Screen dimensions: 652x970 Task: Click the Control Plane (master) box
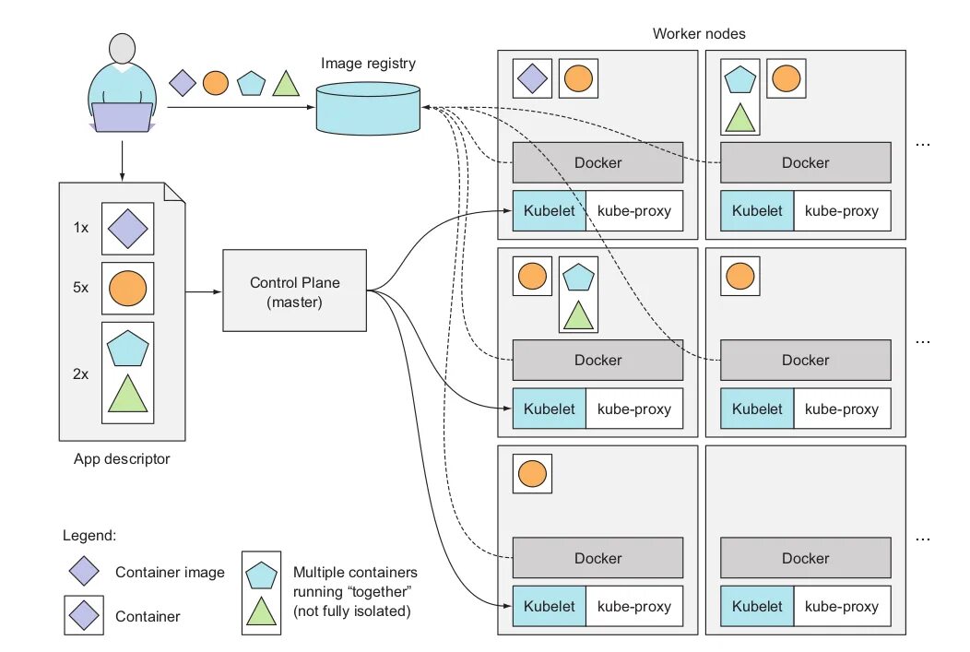[x=294, y=290]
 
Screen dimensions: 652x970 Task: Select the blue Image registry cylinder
[x=369, y=108]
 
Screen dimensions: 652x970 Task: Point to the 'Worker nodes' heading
[x=698, y=33]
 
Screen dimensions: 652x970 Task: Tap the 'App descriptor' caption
[x=122, y=458]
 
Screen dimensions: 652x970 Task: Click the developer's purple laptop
[x=122, y=117]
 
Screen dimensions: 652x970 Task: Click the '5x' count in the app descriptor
[x=80, y=287]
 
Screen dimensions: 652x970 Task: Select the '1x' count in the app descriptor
[x=80, y=227]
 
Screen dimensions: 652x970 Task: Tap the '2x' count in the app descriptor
[x=80, y=374]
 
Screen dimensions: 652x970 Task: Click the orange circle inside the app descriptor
[x=128, y=288]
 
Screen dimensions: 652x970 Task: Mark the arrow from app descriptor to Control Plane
[x=203, y=292]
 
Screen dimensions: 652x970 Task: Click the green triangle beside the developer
[x=286, y=84]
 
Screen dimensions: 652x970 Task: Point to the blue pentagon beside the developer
[x=251, y=84]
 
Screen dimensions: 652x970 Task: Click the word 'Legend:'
[x=89, y=535]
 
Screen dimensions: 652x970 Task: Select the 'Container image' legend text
[x=170, y=573]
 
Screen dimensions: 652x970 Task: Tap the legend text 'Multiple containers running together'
[x=355, y=591]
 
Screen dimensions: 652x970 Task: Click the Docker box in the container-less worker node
[x=805, y=558]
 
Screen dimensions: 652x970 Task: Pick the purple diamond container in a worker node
[x=532, y=78]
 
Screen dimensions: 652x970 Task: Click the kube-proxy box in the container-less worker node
[x=842, y=607]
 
